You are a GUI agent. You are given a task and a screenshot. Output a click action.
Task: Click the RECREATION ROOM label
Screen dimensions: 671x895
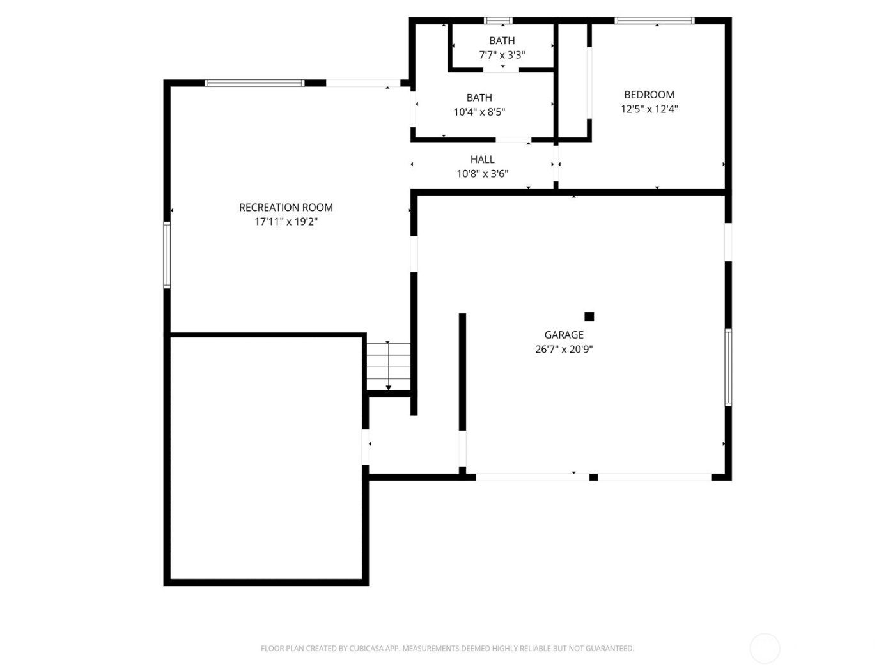(286, 207)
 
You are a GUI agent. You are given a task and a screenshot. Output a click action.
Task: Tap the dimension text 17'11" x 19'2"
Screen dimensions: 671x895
(286, 222)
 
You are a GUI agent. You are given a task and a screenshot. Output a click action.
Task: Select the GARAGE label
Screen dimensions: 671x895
(564, 335)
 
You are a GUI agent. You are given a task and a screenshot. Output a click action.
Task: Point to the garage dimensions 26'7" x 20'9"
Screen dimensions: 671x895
(564, 350)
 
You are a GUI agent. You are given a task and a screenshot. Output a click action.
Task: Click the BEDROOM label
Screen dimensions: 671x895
(649, 95)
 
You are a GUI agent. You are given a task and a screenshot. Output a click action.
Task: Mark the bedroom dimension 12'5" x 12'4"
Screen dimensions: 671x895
(649, 109)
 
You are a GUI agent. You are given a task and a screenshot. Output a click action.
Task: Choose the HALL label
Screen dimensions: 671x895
(482, 159)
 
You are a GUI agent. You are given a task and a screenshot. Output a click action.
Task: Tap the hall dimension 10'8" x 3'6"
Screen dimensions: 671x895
(482, 174)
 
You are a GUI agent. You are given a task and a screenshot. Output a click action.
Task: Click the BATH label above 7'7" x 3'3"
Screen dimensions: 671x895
(502, 41)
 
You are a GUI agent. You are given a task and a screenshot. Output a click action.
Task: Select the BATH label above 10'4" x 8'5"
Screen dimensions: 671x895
(479, 98)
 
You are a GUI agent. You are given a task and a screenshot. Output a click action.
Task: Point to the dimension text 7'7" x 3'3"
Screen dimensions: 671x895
(502, 55)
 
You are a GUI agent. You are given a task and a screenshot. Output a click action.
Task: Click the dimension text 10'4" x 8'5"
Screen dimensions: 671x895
(479, 112)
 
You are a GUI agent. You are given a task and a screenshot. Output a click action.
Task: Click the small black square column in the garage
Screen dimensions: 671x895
(589, 317)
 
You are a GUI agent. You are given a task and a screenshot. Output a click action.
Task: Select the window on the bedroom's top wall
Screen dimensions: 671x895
(655, 20)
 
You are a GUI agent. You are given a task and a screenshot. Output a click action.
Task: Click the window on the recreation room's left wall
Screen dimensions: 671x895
(167, 254)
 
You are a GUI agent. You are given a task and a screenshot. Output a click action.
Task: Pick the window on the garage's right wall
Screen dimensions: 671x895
(728, 367)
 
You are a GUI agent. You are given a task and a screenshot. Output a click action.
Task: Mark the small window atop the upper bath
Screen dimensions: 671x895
(498, 20)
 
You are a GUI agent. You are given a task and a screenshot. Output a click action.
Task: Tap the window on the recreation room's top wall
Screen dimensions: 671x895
(254, 83)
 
